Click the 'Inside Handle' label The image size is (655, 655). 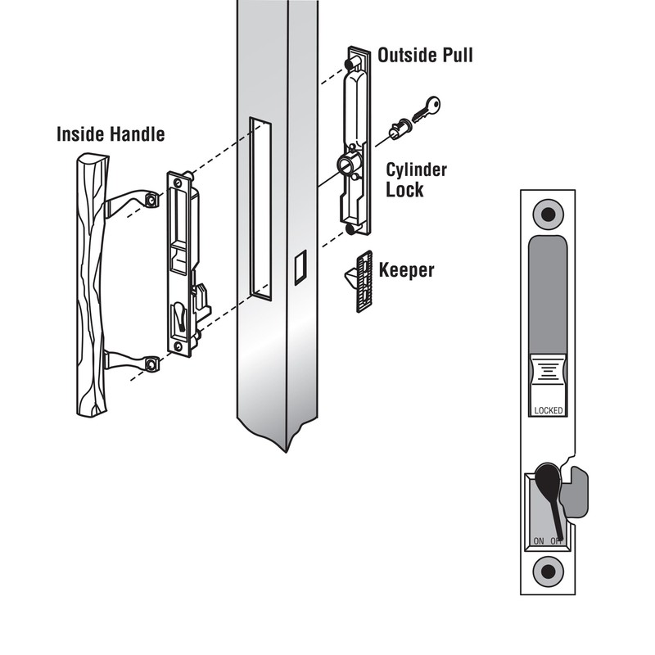[x=110, y=133]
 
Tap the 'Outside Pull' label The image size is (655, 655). [x=425, y=56]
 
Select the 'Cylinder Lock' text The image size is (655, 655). [x=416, y=180]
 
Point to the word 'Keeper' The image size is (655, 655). [x=407, y=269]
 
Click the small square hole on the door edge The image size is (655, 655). [x=300, y=266]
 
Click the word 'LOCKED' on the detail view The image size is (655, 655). [x=549, y=410]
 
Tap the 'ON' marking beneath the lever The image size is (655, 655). [x=538, y=541]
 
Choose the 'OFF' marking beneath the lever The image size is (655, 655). [x=557, y=541]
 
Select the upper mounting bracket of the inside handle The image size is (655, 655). [x=131, y=201]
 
